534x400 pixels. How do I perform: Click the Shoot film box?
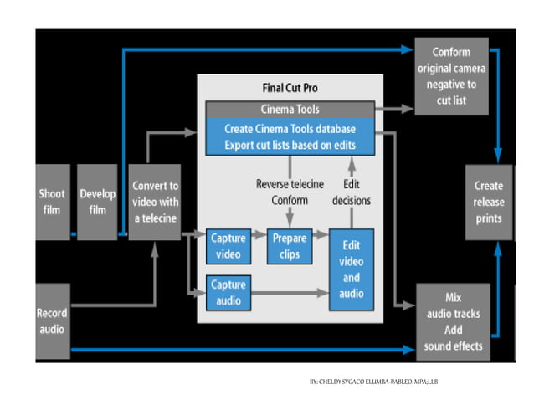tap(52, 202)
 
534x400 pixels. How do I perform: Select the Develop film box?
tap(97, 202)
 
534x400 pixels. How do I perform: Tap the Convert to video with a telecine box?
tap(155, 202)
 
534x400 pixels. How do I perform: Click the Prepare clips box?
tap(289, 246)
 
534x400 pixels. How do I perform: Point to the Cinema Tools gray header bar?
tap(290, 109)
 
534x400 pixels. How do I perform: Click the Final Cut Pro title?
tap(290, 87)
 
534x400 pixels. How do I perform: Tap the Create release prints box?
tap(488, 202)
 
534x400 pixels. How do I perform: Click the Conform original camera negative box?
tap(451, 75)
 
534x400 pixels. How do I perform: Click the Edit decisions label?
tap(352, 192)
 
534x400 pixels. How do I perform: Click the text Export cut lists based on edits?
tap(290, 144)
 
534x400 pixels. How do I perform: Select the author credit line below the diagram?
tap(373, 382)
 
